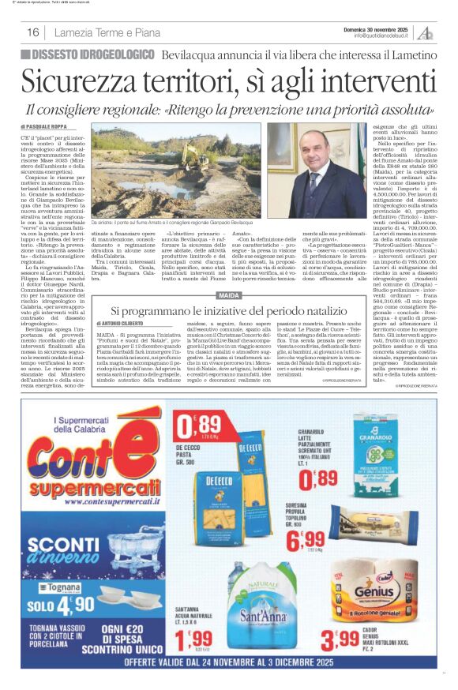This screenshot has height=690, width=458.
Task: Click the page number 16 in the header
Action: (33, 32)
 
